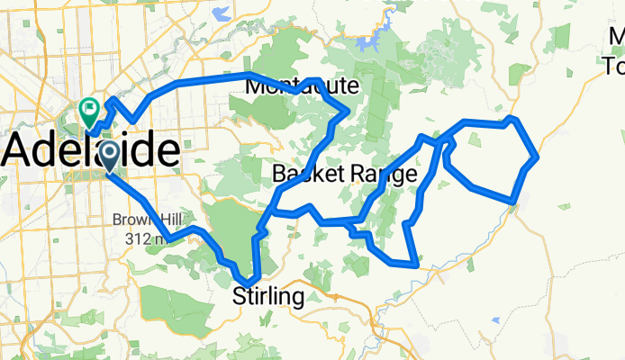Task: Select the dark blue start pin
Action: [109, 156]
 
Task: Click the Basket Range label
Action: [345, 173]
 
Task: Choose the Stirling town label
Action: [268, 295]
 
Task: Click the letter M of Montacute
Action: [254, 86]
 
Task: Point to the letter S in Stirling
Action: [240, 295]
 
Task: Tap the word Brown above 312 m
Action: [131, 220]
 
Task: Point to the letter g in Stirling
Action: [297, 298]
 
